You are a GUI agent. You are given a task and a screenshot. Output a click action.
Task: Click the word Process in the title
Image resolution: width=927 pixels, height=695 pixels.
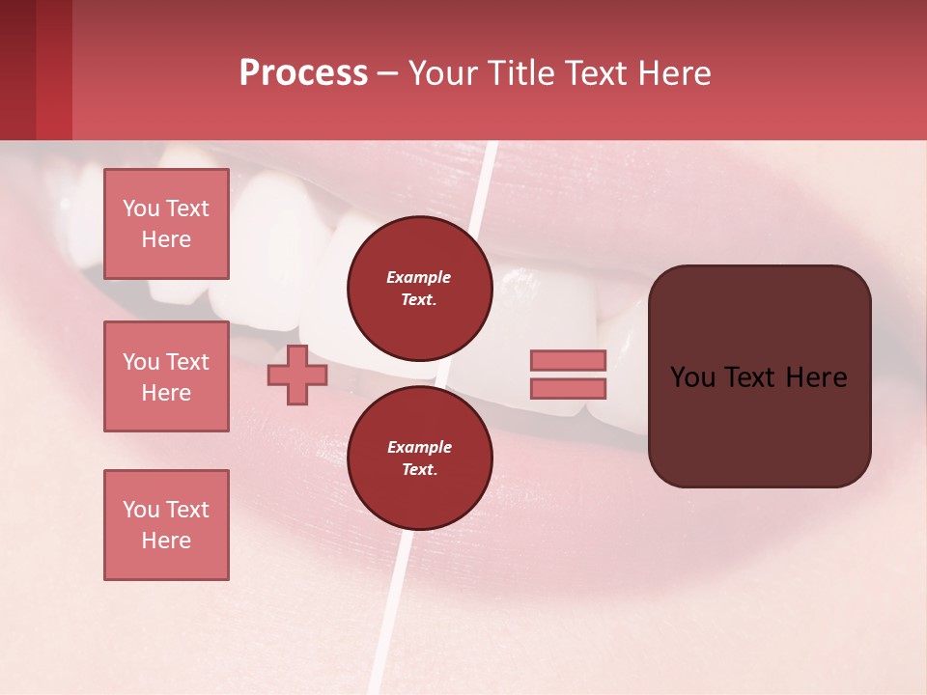coord(303,73)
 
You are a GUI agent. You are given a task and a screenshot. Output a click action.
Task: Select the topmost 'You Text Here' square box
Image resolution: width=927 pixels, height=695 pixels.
coord(166,224)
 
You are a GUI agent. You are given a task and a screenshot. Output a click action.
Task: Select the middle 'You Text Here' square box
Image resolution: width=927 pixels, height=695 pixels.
coord(166,376)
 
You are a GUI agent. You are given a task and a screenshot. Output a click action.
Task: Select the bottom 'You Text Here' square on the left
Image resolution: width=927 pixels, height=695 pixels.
coord(166,525)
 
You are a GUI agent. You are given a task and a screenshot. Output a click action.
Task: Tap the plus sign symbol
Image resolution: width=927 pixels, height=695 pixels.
coord(297,375)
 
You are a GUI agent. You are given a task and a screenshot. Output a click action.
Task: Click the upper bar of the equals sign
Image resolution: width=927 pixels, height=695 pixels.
coord(568,360)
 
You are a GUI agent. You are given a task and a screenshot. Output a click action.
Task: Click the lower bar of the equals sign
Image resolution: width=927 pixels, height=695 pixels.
coord(568,389)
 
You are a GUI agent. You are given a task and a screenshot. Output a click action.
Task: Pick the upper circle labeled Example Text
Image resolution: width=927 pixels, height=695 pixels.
coord(419,289)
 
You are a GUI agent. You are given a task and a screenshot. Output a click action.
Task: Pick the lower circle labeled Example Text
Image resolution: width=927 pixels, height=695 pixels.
coord(419,459)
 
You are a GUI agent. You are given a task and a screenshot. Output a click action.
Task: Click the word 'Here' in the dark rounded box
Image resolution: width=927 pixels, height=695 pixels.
coord(816,377)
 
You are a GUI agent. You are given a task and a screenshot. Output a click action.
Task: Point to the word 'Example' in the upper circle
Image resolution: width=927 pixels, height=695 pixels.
coord(419,277)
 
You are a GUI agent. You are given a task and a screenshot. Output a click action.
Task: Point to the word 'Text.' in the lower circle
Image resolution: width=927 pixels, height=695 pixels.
coord(419,470)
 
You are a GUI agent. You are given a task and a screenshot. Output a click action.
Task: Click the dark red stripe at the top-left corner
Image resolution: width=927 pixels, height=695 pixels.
coord(17,69)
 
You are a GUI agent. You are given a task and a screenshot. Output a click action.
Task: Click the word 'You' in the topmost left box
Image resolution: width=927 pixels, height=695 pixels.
coord(140,208)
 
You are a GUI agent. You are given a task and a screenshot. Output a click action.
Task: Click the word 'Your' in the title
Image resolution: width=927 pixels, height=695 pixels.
coord(443,73)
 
